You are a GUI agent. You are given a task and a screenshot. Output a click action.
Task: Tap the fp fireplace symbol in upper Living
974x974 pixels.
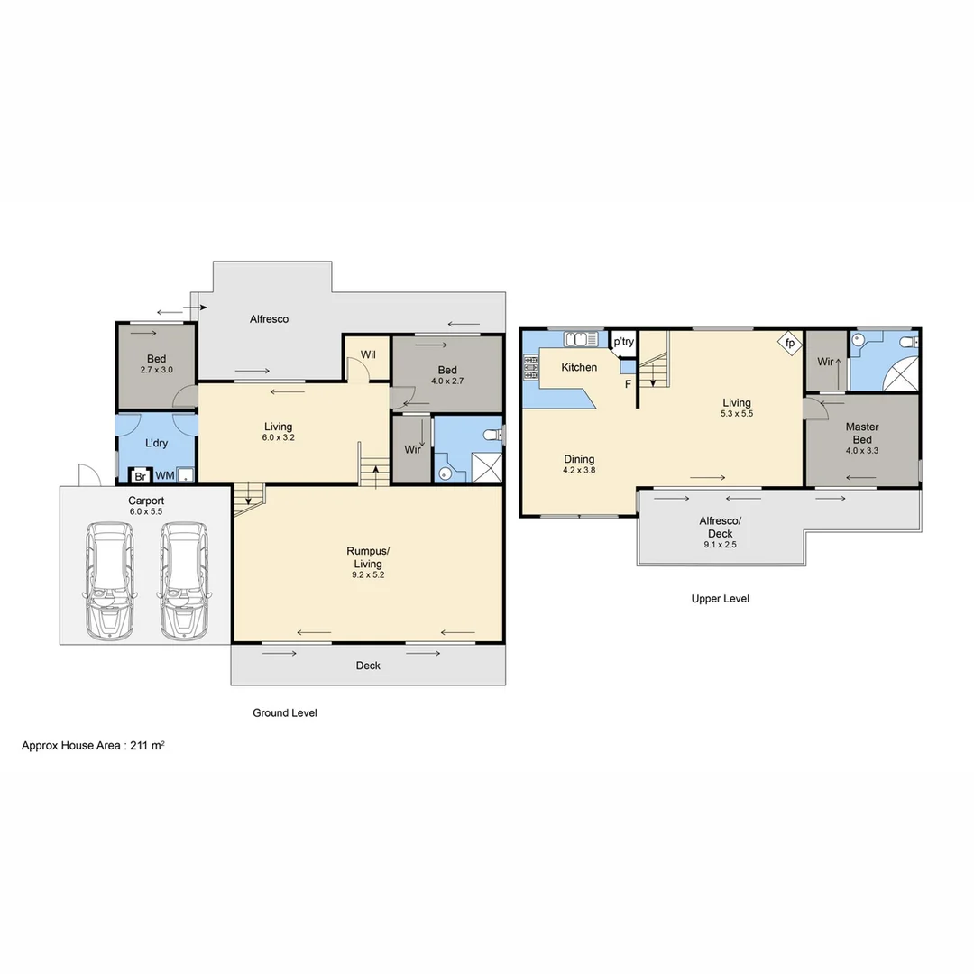[790, 344]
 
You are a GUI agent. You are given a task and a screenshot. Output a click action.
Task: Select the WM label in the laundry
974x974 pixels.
[165, 475]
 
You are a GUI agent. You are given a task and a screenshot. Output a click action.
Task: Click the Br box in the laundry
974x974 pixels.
[140, 475]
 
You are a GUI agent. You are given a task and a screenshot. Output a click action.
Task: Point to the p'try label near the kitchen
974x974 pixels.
[623, 342]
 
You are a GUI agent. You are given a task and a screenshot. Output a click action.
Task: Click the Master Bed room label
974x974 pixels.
[862, 433]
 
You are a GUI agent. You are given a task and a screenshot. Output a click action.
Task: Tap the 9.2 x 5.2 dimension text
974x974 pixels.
[368, 574]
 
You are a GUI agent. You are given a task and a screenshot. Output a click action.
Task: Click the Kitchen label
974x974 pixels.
[579, 367]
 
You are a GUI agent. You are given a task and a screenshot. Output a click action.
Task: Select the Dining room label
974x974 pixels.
[578, 459]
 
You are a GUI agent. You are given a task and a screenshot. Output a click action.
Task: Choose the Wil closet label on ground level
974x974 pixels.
[368, 354]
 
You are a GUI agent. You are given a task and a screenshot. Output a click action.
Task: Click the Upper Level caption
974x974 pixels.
[720, 598]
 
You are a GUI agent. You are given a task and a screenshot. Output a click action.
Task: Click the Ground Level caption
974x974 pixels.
[284, 712]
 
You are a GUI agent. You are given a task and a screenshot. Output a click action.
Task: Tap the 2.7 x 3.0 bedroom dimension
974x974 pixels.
[156, 370]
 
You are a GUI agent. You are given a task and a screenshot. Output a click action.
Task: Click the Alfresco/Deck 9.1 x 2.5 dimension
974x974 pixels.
[720, 544]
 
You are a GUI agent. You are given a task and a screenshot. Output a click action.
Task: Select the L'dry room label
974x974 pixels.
[156, 443]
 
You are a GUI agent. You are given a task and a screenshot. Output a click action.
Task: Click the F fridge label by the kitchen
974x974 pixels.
[628, 385]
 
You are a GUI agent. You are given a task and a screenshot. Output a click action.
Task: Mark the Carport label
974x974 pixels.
[145, 501]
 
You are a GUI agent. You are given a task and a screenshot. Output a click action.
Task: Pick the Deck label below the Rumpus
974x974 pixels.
[368, 666]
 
